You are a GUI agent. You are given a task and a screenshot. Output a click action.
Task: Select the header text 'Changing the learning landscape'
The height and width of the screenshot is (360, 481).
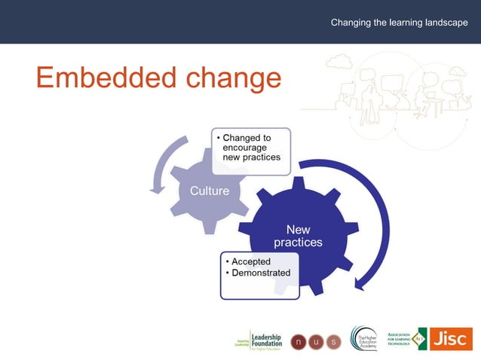[x=399, y=23]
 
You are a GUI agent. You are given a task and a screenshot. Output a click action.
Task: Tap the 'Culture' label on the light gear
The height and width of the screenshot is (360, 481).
[x=209, y=191]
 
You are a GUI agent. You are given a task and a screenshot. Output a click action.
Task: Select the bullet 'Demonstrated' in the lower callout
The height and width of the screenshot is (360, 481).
[x=260, y=273]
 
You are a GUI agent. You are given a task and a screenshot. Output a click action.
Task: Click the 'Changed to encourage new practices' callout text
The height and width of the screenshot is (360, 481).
[x=251, y=148]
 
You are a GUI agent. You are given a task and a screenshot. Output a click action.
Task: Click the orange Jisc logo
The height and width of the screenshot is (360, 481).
[x=451, y=338]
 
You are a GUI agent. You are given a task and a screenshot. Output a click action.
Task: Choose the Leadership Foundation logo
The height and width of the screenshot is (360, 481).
[x=259, y=340]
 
